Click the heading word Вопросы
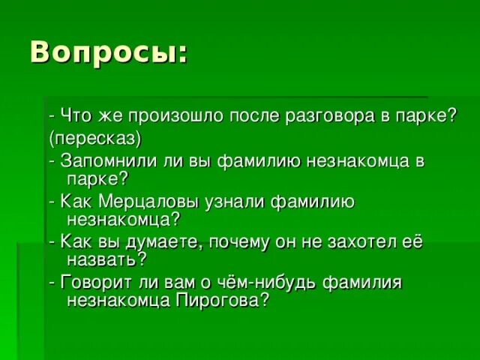(105, 52)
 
